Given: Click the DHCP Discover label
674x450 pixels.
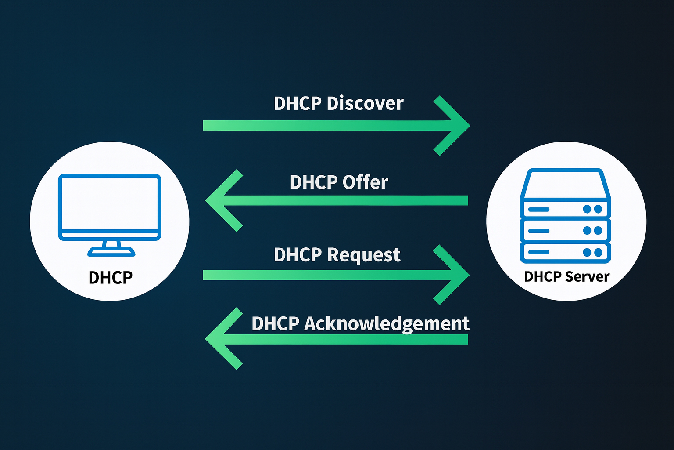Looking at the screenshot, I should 338,104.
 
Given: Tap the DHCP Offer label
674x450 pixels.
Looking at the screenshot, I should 339,182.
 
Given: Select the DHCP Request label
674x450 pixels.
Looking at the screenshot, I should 337,255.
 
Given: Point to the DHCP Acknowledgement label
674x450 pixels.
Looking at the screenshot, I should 360,324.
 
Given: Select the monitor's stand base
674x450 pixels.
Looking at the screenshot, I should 111,251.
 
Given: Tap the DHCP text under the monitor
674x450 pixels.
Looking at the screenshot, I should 111,278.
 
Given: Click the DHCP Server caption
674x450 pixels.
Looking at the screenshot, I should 566,277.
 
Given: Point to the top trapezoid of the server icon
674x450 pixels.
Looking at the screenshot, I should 565,184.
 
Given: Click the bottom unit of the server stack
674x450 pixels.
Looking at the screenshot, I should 565,252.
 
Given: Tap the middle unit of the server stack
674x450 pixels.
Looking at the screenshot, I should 565,230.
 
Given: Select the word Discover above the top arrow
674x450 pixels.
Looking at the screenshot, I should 365,104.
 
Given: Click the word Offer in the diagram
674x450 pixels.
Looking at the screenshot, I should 365,182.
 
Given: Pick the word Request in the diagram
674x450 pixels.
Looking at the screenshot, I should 364,255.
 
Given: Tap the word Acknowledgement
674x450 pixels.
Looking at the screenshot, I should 387,324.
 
